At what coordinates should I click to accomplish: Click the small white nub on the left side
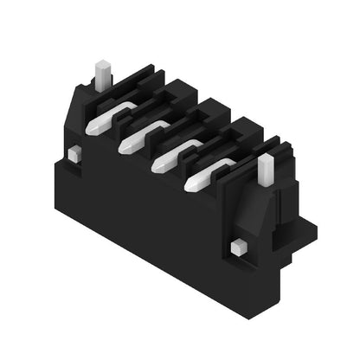click(74, 154)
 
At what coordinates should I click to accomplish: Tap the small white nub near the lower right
click(238, 248)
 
